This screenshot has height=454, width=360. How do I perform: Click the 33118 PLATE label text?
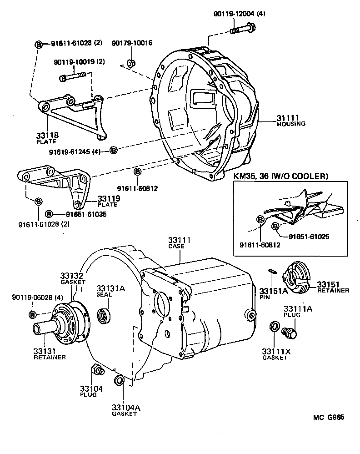pos(47,138)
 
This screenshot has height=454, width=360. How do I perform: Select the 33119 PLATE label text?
pos(108,201)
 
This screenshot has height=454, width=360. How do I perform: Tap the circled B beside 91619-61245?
pos(114,150)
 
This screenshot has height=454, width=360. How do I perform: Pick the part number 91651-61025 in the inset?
pos(309,237)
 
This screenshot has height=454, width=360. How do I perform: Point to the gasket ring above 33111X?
pos(274,326)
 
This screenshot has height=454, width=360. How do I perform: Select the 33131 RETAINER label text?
pos(50,354)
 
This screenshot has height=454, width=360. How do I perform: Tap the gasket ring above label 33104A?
pos(119,380)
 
